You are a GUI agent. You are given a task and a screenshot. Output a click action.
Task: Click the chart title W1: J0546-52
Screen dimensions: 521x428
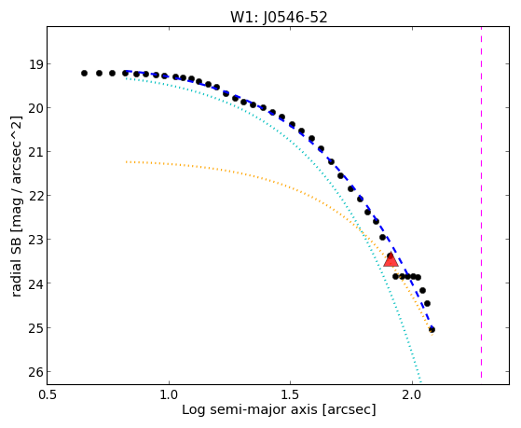(x=279, y=18)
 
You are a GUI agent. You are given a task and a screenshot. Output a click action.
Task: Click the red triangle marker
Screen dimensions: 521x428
(x=391, y=260)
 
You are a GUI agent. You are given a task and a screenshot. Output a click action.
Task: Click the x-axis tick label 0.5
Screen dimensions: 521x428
(x=48, y=395)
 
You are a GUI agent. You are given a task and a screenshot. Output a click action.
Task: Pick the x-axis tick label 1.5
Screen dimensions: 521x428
(x=291, y=395)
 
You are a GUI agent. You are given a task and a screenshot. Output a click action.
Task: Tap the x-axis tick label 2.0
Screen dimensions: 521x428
(x=412, y=395)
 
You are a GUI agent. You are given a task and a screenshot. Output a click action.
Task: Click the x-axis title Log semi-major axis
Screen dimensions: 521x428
(x=250, y=410)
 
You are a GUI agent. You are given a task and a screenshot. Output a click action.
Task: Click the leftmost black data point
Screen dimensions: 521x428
(x=84, y=73)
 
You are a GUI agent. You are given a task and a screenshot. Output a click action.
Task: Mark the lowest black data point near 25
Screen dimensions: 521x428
(x=432, y=329)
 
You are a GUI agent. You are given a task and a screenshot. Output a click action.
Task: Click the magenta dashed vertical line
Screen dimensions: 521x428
(x=481, y=203)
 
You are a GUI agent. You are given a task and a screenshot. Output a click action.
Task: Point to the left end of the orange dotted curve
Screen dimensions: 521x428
(x=126, y=162)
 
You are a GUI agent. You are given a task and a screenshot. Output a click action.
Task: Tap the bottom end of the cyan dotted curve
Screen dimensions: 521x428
(x=420, y=382)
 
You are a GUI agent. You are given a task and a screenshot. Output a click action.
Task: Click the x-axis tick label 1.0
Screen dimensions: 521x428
(x=169, y=395)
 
